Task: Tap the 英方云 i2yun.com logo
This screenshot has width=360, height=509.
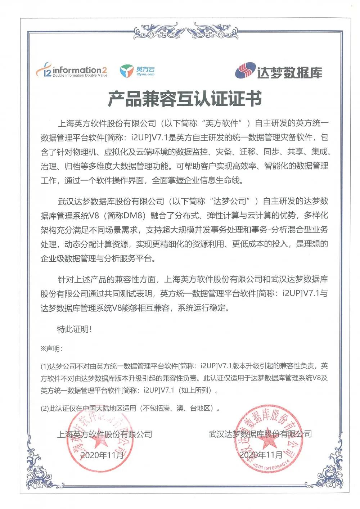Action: coord(137,71)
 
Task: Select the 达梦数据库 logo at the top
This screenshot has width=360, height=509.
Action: coord(278,71)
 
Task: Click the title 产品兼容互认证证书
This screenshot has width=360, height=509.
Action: coord(185,99)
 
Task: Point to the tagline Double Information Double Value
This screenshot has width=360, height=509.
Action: coord(80,76)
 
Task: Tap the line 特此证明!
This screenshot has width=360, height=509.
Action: coord(75,329)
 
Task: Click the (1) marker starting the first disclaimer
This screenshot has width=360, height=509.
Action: coord(44,366)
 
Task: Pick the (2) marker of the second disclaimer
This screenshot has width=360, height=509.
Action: coord(44,408)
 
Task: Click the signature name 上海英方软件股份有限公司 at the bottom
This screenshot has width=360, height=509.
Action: coord(105,434)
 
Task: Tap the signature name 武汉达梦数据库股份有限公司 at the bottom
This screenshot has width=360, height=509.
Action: coord(260,434)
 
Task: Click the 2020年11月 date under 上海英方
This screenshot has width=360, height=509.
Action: coord(102,455)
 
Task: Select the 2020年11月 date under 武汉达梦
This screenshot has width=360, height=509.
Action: coord(261,455)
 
